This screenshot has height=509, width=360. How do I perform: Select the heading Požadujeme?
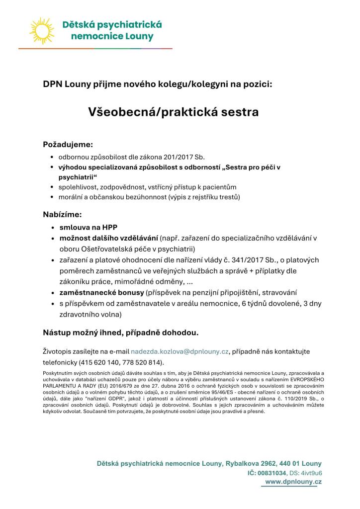tap(68, 145)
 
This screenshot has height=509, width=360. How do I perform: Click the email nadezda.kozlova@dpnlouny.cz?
tap(180, 351)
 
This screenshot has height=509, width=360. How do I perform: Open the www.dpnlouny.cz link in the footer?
tap(293, 482)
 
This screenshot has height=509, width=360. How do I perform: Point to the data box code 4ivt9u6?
tap(311, 473)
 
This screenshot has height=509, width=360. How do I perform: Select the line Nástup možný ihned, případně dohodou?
tap(121, 332)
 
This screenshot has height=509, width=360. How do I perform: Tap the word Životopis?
tap(61, 351)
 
